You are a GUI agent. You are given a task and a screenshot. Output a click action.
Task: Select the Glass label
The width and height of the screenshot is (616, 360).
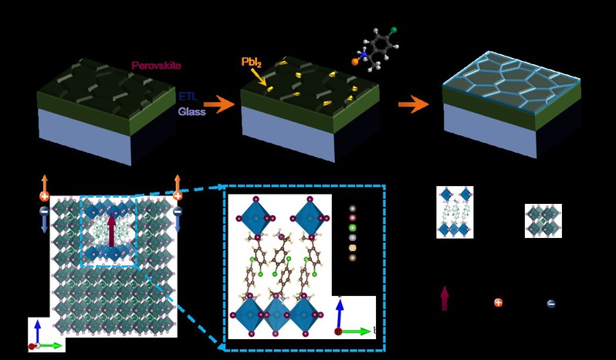point(192,110)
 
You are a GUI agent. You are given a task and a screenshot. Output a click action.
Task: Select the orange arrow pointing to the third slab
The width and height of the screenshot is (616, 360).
point(416,104)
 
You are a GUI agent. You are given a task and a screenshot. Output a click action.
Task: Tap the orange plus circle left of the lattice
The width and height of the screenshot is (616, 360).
point(45,196)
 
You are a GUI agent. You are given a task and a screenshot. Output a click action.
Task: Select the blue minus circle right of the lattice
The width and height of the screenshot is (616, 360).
point(178,211)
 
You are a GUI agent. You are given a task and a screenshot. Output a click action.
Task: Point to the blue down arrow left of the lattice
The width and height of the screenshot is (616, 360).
point(44,224)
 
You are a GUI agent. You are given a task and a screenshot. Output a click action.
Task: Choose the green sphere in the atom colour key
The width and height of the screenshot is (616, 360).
point(352,228)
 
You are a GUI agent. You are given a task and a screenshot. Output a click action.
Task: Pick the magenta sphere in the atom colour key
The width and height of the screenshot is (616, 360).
point(352,219)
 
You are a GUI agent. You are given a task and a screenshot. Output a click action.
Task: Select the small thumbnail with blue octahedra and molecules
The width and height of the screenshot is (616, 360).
point(455,212)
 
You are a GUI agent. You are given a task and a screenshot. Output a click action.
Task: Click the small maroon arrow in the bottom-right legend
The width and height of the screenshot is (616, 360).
point(445,297)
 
